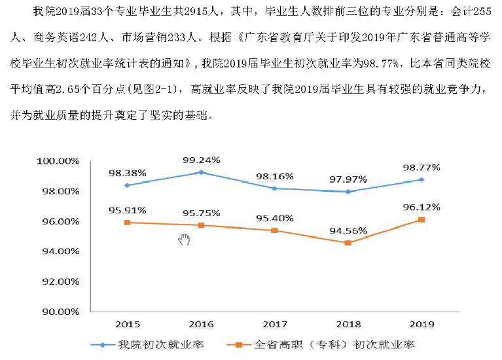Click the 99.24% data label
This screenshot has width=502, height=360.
point(202,159)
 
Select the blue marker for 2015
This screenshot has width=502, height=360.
point(128,185)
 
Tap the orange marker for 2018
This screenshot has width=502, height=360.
point(348,243)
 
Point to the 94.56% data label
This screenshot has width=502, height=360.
point(348,230)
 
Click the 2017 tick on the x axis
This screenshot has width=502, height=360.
point(275,324)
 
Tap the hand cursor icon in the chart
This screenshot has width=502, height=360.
point(184,240)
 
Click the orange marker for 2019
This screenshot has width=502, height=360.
point(421,219)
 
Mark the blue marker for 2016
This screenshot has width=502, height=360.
point(201,172)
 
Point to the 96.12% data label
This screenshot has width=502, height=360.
point(421,207)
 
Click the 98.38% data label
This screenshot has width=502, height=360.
point(128,173)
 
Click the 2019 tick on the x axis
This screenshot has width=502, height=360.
point(421,324)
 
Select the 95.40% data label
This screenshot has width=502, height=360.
point(275,217)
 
